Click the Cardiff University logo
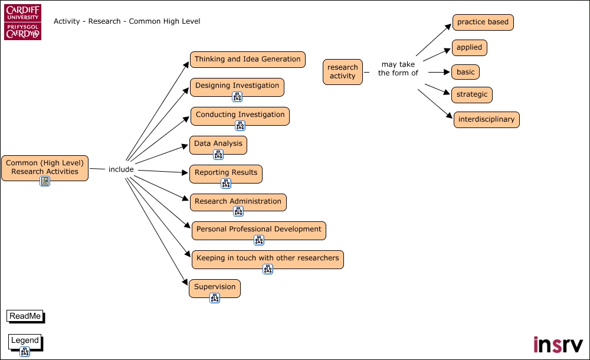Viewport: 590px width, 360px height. click(x=23, y=23)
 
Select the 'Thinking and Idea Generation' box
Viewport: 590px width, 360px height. click(x=247, y=60)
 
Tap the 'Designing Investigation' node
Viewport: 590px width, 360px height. click(x=237, y=86)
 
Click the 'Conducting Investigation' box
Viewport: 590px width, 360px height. click(x=240, y=115)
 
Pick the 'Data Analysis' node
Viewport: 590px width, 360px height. click(x=218, y=144)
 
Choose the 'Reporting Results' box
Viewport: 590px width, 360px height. click(x=225, y=173)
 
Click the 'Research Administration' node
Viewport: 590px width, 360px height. click(x=238, y=202)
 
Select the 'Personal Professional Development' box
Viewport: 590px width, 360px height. click(x=258, y=230)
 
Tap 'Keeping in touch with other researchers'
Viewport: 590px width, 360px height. click(x=267, y=258)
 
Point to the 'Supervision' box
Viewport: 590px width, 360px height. click(x=215, y=287)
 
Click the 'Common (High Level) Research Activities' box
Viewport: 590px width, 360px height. click(x=45, y=167)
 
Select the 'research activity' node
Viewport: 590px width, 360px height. click(x=343, y=71)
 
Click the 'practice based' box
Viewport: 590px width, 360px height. click(x=483, y=22)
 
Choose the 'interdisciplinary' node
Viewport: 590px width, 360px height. click(x=486, y=120)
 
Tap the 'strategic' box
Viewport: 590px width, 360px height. click(x=472, y=94)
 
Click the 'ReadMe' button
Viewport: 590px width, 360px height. click(x=25, y=316)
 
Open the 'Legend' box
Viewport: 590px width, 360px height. click(x=25, y=341)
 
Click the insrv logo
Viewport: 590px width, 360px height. click(x=558, y=344)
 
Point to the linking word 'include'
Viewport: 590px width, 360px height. click(x=121, y=170)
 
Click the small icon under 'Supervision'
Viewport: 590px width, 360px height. click(x=215, y=298)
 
